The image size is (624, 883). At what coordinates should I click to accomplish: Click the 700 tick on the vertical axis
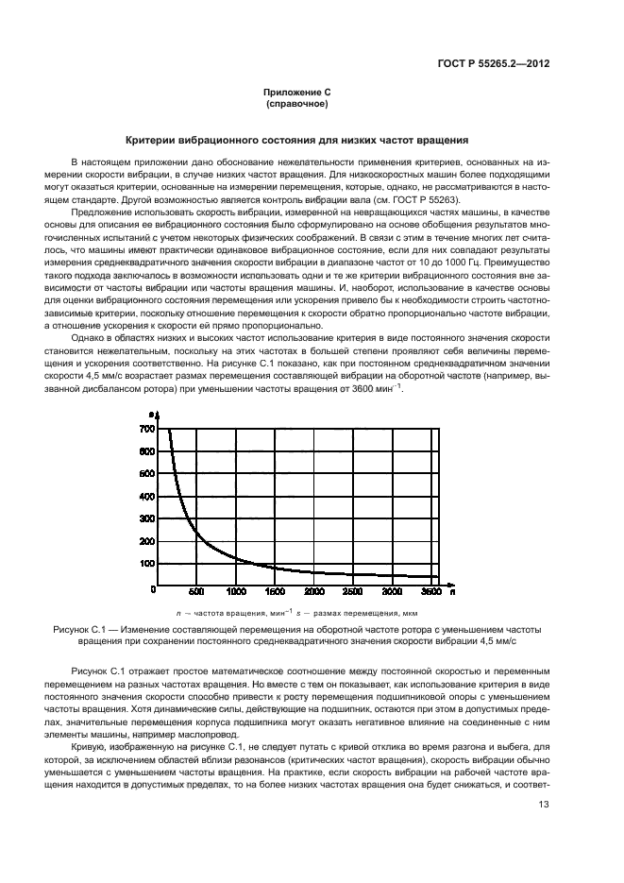pyautogui.click(x=145, y=429)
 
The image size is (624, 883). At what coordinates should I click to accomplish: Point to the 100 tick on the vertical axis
pyautogui.click(x=145, y=563)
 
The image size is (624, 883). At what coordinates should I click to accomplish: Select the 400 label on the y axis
pyautogui.click(x=145, y=496)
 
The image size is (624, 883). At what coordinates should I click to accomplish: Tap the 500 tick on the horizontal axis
pyautogui.click(x=196, y=592)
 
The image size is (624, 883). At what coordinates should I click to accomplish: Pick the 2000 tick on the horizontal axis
pyautogui.click(x=313, y=592)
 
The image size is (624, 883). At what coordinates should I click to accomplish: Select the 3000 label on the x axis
pyautogui.click(x=391, y=592)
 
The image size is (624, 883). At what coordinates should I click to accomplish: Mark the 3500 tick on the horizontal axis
pyautogui.click(x=430, y=592)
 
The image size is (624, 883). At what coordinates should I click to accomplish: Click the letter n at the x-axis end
pyautogui.click(x=452, y=592)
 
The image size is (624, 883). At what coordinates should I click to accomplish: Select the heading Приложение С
pyautogui.click(x=296, y=92)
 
